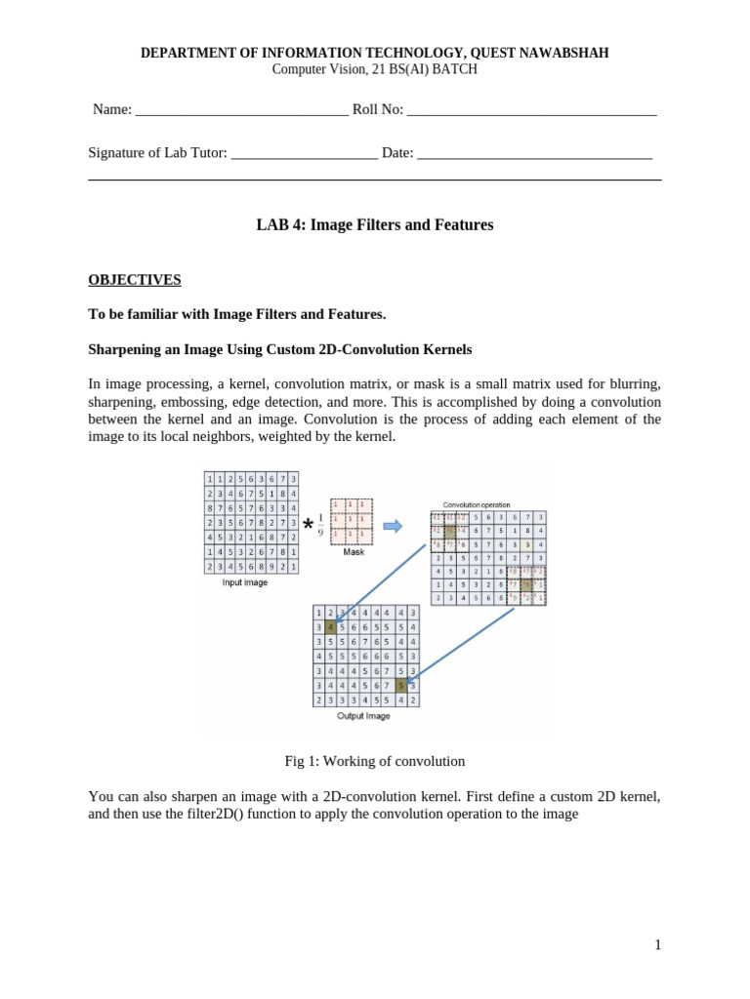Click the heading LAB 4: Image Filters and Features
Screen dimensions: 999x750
[x=374, y=225]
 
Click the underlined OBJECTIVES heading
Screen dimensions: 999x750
[x=135, y=280]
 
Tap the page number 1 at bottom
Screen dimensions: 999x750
[x=658, y=944]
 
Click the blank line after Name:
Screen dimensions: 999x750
[x=241, y=111]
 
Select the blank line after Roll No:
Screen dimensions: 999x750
[x=531, y=111]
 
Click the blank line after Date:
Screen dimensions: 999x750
[x=534, y=154]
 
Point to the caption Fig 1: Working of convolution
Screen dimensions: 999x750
[x=374, y=761]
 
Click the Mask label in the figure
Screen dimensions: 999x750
[x=353, y=551]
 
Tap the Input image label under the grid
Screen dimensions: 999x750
[x=245, y=582]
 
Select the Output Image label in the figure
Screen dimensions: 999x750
[x=363, y=716]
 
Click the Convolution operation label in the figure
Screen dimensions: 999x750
[x=477, y=504]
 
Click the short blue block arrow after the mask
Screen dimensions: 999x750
[x=393, y=526]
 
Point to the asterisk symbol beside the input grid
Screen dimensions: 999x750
[x=309, y=527]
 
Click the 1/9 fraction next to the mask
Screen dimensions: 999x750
[x=321, y=526]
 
